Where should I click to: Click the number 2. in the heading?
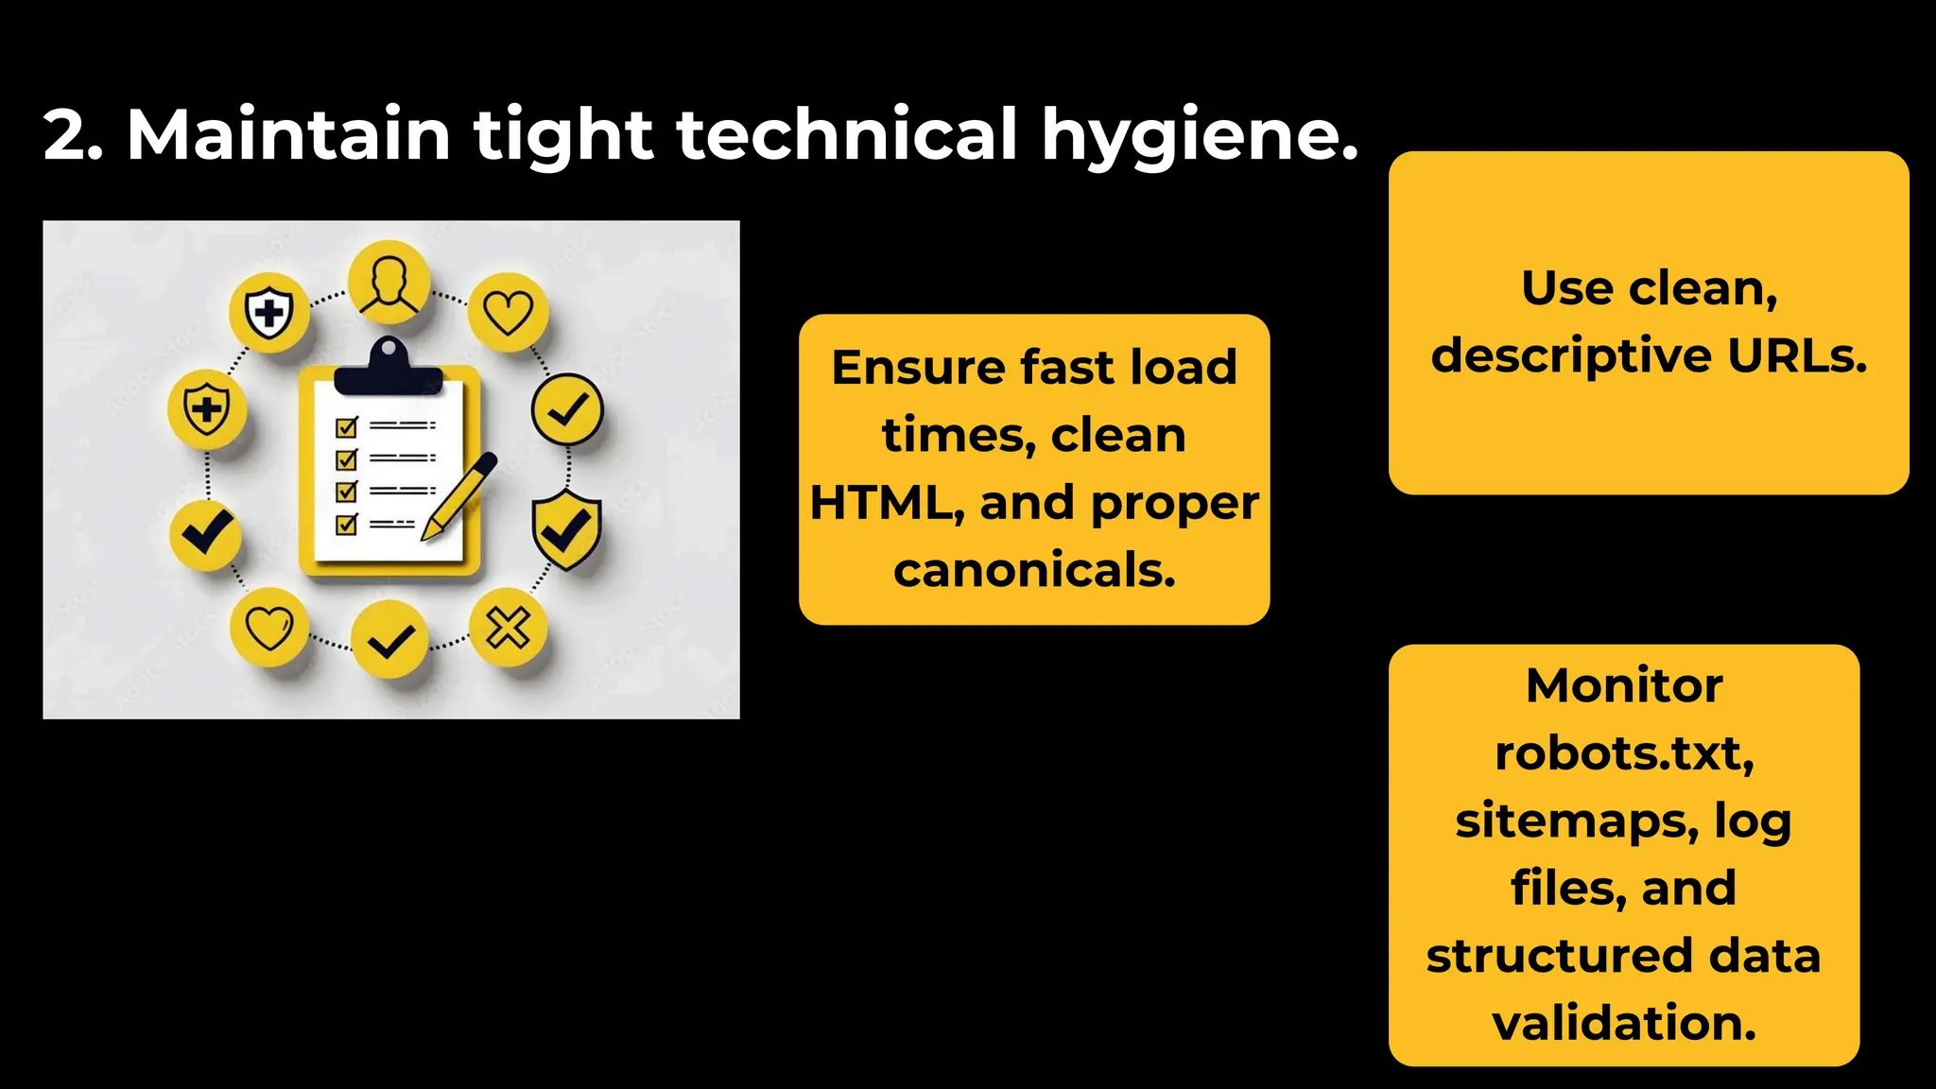[73, 135]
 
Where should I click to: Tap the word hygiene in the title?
[1199, 135]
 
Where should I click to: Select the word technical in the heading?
[847, 133]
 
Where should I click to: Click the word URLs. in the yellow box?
[1797, 356]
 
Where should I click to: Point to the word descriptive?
[1571, 356]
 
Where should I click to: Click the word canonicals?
[1034, 570]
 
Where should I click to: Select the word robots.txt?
[1624, 753]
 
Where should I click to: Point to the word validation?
[1624, 1023]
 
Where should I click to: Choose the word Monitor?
[1624, 685]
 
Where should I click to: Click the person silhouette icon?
[389, 283]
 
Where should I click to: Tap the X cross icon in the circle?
[509, 628]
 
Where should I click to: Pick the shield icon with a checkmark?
[566, 530]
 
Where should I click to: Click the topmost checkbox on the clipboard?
[347, 427]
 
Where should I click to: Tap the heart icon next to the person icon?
[509, 313]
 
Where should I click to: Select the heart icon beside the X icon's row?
[269, 628]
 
